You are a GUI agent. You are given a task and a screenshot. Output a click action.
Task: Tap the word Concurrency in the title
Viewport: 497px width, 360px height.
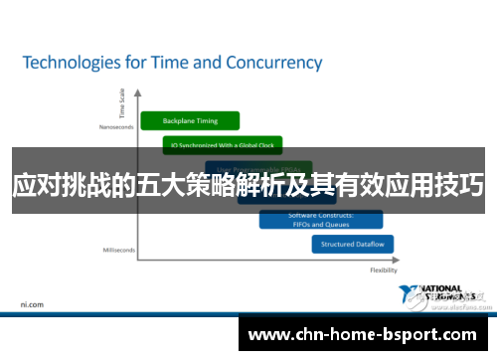(x=271, y=63)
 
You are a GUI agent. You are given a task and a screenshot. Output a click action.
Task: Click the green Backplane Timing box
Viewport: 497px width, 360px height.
(x=191, y=120)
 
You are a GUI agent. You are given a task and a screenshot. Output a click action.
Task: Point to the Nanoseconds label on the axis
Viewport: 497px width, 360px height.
(x=115, y=127)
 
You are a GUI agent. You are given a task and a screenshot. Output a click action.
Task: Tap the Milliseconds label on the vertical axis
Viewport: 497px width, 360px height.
(x=116, y=250)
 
